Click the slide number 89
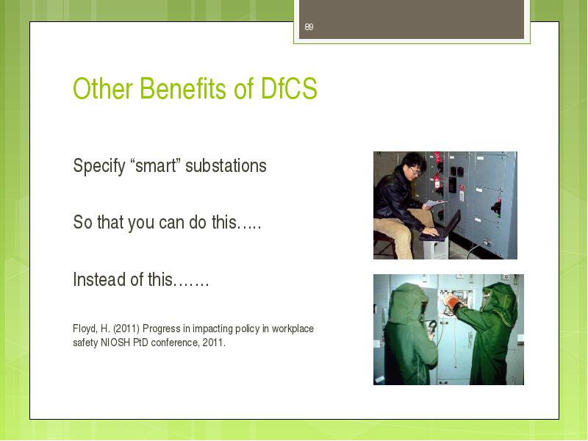coord(309,27)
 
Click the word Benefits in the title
coord(183,88)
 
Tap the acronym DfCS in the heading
coord(289,88)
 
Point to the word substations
coord(226,165)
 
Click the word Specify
coord(99,166)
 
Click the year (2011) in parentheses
coord(126,329)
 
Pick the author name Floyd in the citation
coord(85,329)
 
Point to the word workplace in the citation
coord(293,329)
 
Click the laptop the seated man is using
coord(441,227)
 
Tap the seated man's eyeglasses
coord(415,172)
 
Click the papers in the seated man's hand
coord(434,204)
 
